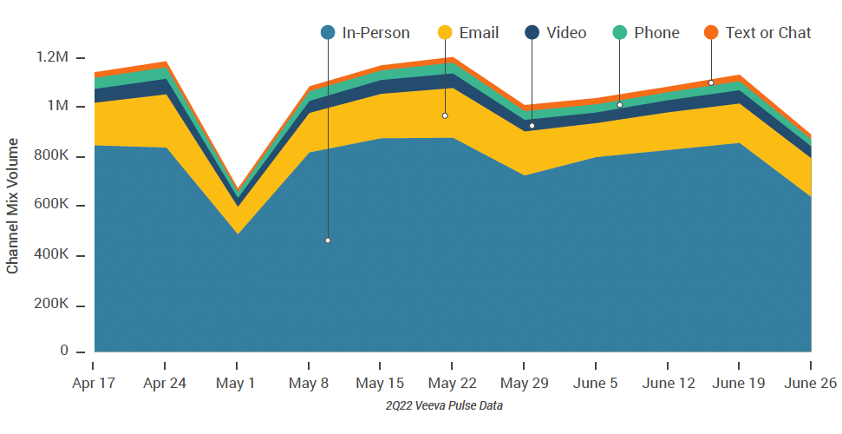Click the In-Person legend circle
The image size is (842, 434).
[x=328, y=33]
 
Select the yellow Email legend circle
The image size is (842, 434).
[x=445, y=33]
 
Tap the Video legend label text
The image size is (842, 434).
[x=566, y=33]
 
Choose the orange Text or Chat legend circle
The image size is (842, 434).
[x=711, y=33]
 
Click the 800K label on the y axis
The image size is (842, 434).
[x=52, y=156]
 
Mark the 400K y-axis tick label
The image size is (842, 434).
[x=52, y=255]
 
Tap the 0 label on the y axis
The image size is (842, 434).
[x=64, y=352]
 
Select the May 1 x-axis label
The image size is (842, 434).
[x=237, y=384]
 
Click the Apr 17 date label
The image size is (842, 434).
[x=93, y=384]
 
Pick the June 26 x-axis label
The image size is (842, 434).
[x=810, y=384]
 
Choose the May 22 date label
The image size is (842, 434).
[x=452, y=384]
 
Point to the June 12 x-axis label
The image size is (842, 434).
[x=667, y=384]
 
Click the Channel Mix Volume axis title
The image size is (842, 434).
[x=13, y=206]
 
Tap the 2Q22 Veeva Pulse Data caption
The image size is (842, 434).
[x=444, y=405]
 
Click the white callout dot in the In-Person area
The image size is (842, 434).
[x=328, y=240]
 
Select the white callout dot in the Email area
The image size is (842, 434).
[x=445, y=115]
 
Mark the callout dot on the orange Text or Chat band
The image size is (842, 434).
[x=711, y=83]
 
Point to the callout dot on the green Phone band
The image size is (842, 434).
[x=619, y=105]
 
